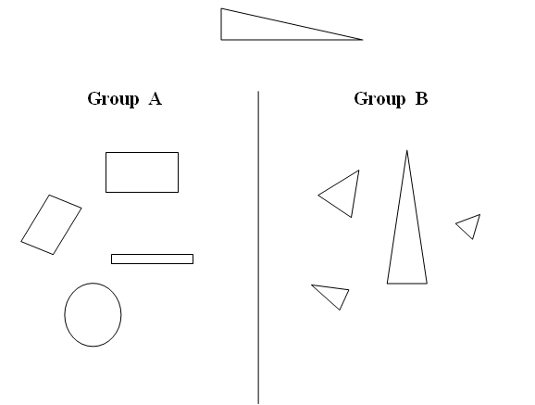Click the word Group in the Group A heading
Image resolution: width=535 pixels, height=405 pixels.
(x=113, y=99)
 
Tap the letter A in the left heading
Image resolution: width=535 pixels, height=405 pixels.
(x=156, y=98)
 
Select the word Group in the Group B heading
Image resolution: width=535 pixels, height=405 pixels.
(x=379, y=99)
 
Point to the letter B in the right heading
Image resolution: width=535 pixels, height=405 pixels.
(x=421, y=98)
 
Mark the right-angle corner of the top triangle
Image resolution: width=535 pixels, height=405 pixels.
(x=221, y=40)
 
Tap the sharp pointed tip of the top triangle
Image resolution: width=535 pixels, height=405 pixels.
(x=363, y=40)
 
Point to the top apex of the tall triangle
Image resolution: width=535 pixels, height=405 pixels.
(x=406, y=150)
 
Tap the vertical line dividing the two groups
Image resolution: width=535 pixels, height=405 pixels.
(x=258, y=247)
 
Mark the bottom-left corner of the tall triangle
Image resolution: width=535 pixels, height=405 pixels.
(x=387, y=284)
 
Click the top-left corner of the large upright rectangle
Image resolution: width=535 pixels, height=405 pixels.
(x=106, y=152)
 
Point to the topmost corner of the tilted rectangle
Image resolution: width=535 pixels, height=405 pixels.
(x=50, y=196)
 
